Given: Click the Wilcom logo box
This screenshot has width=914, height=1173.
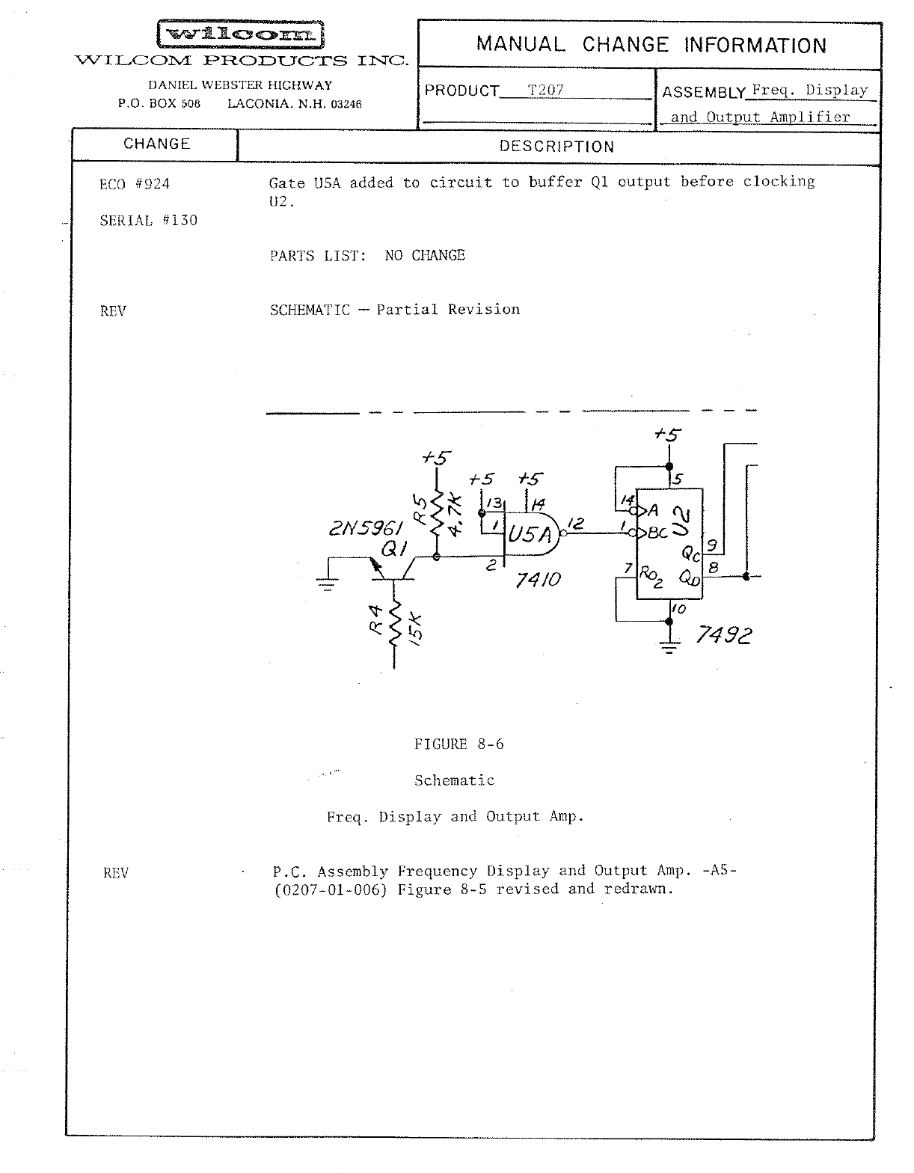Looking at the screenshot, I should [x=240, y=34].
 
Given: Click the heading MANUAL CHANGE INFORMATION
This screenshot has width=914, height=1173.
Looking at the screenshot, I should [x=651, y=45].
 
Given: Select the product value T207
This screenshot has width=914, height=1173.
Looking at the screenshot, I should [x=545, y=91].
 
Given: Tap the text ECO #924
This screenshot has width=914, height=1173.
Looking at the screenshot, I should [x=135, y=184].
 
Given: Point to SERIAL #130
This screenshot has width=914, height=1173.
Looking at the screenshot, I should [x=148, y=221].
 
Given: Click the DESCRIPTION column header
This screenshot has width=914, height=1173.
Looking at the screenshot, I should [x=556, y=147].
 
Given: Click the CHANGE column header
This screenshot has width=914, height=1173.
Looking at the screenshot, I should [x=156, y=144].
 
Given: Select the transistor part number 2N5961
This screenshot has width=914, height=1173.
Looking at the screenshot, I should [x=366, y=529].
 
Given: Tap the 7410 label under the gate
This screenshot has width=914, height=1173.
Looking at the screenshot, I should [x=538, y=580].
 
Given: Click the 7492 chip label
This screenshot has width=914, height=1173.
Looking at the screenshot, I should [x=723, y=636].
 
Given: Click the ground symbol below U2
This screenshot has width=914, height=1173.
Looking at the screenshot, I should [x=669, y=645].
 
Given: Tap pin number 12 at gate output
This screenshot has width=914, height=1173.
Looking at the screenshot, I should [x=575, y=524].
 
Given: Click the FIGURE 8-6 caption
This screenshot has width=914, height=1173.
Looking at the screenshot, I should [x=458, y=744].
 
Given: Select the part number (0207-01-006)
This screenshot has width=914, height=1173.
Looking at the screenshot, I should [x=331, y=890].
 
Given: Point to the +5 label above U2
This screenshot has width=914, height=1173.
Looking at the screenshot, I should [x=667, y=435].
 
